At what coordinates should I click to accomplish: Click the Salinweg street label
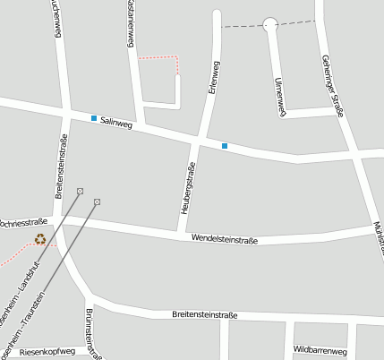(x=116, y=124)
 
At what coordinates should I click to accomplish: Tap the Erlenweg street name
(x=213, y=78)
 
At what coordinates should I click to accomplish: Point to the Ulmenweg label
(x=279, y=96)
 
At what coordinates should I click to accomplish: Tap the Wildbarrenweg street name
(x=320, y=350)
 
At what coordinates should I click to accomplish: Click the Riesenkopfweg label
(x=47, y=353)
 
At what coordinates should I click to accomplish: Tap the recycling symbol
(x=40, y=239)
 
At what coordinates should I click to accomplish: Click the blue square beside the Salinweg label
(x=93, y=118)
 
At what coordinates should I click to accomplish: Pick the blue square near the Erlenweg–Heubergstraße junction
(x=225, y=145)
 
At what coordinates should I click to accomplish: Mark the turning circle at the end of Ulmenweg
(x=270, y=24)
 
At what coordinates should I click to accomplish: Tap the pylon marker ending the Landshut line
(x=81, y=191)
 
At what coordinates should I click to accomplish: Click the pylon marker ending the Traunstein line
(x=97, y=201)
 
